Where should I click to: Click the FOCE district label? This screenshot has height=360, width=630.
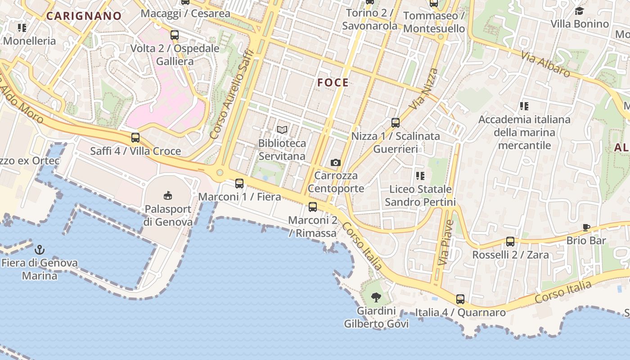(333, 82)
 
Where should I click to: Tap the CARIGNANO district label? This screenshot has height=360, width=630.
(84, 16)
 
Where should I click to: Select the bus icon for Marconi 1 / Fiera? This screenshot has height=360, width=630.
(239, 184)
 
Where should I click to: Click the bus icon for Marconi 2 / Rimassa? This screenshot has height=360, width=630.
(312, 207)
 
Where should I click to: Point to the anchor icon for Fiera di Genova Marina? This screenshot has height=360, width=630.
(40, 249)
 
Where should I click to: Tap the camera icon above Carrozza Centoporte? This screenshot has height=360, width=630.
(335, 162)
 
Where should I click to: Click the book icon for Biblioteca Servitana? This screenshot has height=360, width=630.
(282, 130)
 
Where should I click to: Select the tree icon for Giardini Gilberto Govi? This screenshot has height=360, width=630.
(376, 297)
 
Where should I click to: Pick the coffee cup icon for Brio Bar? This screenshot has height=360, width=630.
(586, 228)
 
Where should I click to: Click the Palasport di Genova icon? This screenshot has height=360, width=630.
(168, 195)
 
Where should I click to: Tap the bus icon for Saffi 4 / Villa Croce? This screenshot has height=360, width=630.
(135, 138)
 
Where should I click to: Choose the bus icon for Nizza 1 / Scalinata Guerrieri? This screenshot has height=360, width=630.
(396, 122)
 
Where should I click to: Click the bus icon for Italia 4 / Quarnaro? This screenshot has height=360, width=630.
(460, 299)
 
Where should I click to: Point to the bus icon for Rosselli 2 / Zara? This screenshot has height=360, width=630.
(510, 242)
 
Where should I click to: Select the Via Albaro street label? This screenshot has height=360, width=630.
(546, 64)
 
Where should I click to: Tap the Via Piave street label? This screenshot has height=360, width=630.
(445, 242)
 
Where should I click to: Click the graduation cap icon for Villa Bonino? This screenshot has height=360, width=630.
(579, 11)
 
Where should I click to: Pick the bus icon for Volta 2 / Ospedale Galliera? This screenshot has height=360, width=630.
(175, 35)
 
